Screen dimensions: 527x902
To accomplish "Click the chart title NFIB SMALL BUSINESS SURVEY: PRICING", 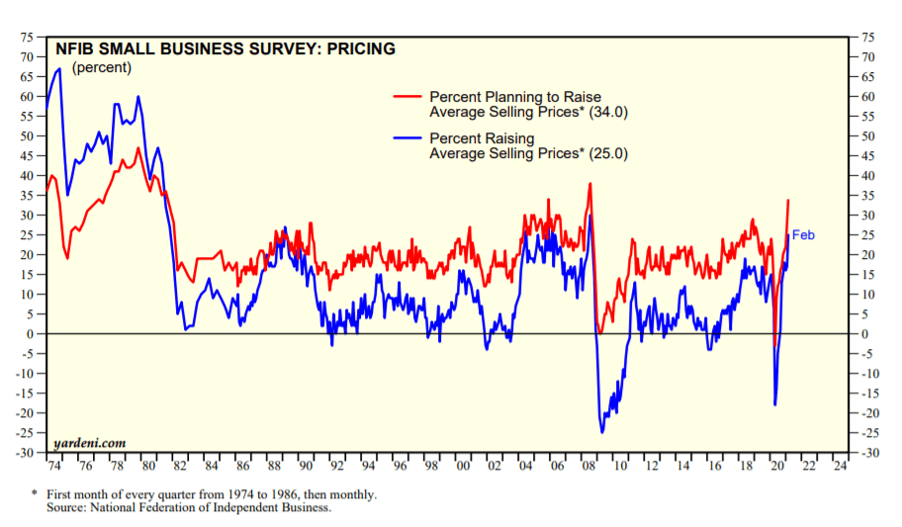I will pos(225,48).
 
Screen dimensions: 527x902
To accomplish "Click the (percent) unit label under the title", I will pos(101,67).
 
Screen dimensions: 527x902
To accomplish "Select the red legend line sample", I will pos(408,96).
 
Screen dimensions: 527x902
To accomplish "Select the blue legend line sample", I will pos(408,137).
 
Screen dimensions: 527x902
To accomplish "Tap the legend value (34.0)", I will pos(607,113).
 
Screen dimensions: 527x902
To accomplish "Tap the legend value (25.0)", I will pos(607,154).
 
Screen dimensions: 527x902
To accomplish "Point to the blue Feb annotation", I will pos(803,235).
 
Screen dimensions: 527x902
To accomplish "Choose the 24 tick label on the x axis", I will pos(840,465).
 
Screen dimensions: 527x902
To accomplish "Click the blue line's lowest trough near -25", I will pos(602,432).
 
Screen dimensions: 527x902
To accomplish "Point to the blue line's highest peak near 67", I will pos(59,68).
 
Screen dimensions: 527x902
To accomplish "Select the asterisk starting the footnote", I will pos(35,492).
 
